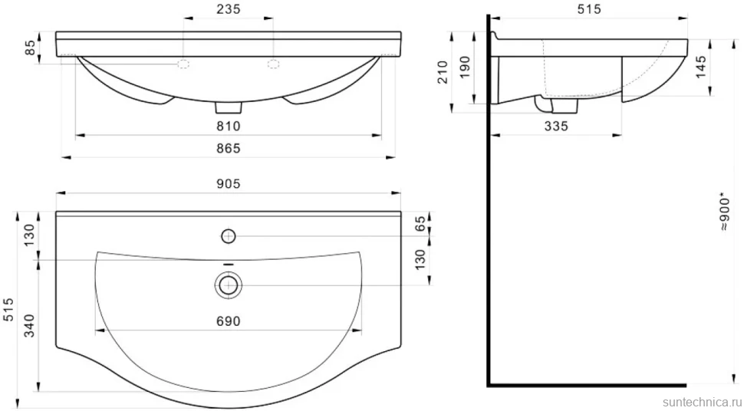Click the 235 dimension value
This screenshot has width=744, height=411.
click(x=229, y=8)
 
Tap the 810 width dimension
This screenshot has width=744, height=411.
click(x=229, y=127)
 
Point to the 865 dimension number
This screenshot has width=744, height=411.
click(x=229, y=148)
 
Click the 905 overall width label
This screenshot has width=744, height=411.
click(x=229, y=184)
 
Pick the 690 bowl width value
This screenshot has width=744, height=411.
click(x=229, y=321)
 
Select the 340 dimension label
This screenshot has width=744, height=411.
click(x=30, y=325)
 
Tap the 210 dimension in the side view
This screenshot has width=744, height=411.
click(x=443, y=72)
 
